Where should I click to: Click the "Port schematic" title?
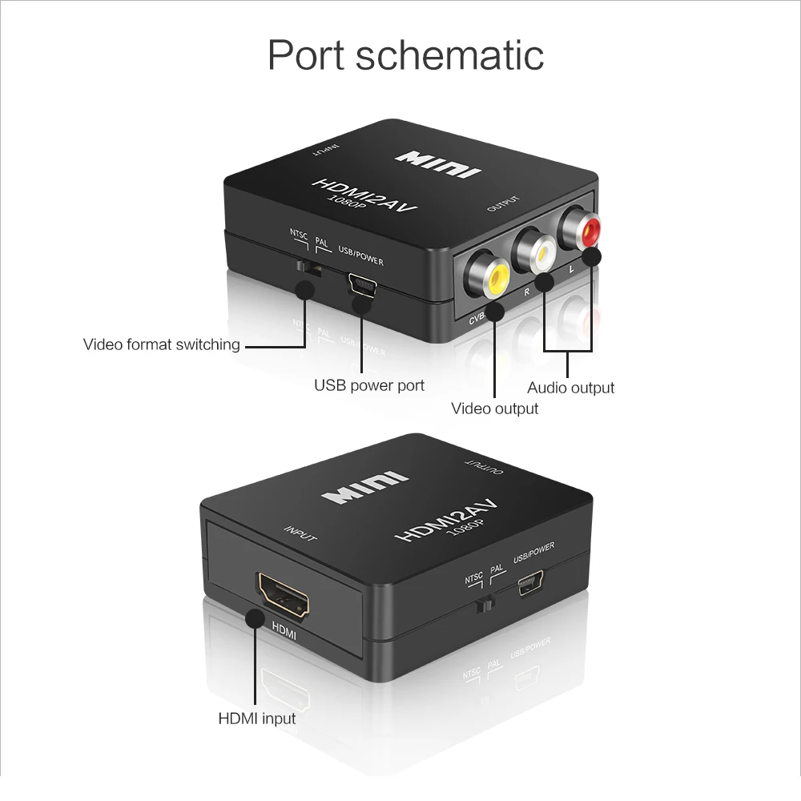pos(405,55)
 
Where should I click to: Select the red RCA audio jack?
pos(582,230)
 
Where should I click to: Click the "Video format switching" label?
pos(162,344)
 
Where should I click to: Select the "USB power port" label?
pos(368,385)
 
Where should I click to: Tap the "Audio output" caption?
pos(570,388)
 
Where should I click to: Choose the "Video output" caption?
pos(494,409)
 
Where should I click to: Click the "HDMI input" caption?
pos(257,718)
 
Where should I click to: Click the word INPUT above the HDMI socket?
pos(300,534)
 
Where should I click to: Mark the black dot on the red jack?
pos(592,257)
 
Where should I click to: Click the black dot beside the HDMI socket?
pos(256,619)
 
